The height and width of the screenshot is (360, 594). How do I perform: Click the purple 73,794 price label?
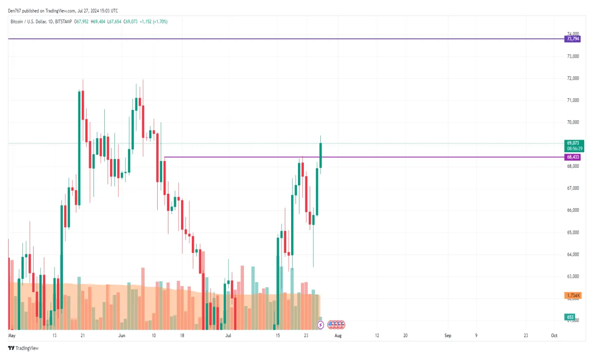click(x=572, y=38)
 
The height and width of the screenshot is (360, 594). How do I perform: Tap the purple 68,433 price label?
click(x=572, y=157)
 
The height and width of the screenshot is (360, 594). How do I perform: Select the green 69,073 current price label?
click(x=573, y=143)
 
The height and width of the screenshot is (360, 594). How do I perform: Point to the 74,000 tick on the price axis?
click(x=573, y=34)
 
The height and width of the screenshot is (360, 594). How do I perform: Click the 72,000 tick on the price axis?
click(x=573, y=78)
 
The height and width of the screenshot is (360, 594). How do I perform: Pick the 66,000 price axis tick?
click(x=573, y=210)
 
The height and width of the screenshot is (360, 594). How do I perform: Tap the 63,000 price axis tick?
click(x=573, y=276)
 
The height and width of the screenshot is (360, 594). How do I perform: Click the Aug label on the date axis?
click(x=338, y=336)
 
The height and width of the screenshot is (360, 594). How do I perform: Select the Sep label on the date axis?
click(x=448, y=336)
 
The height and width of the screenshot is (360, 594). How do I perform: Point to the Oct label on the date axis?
click(x=554, y=336)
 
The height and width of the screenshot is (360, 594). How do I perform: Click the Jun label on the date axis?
click(x=122, y=336)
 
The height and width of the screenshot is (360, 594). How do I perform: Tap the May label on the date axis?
click(x=12, y=336)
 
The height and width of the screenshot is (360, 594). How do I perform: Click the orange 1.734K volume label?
click(x=572, y=295)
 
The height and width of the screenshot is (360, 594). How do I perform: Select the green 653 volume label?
click(x=570, y=317)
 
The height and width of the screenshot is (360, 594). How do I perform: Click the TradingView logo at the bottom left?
click(x=23, y=348)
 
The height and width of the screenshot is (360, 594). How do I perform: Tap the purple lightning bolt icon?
click(x=320, y=324)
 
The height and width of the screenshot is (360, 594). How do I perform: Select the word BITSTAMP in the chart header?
click(x=63, y=21)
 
